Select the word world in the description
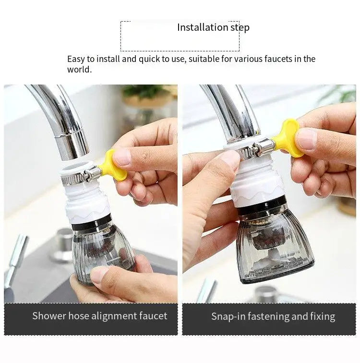click(78, 70)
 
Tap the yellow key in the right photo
click(288, 139)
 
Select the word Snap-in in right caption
click(228, 316)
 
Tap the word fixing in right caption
click(322, 316)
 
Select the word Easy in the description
click(76, 59)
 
